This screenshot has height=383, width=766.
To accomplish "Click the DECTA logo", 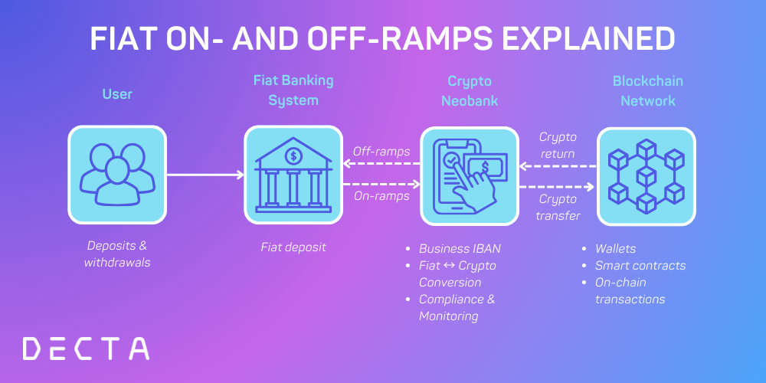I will tap(86, 348).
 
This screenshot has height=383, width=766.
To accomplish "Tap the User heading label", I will tap(117, 94).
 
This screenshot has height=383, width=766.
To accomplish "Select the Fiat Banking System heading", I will tap(293, 90).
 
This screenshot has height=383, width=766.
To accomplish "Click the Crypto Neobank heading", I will tap(470, 90).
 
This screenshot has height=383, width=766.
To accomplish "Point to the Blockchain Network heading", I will tap(647, 90).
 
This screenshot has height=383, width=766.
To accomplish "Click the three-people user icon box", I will tap(117, 175).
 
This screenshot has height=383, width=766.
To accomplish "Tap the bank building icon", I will tap(293, 175).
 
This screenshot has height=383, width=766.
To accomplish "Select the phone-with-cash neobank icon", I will tap(470, 175).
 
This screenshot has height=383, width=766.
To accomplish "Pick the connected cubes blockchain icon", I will tap(646, 175).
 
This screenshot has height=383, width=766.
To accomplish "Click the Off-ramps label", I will tap(381, 151).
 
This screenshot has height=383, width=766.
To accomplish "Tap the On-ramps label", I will tap(381, 196).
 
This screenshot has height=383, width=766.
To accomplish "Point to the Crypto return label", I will tap(558, 145).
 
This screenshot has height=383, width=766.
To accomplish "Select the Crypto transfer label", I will tap(558, 207).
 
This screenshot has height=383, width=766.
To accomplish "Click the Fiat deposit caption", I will tap(293, 247).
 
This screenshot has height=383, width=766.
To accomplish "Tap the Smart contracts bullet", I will tap(640, 265).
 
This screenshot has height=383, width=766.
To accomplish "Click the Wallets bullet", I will tap(616, 248).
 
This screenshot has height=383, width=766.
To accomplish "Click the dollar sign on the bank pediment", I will tap(293, 155).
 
